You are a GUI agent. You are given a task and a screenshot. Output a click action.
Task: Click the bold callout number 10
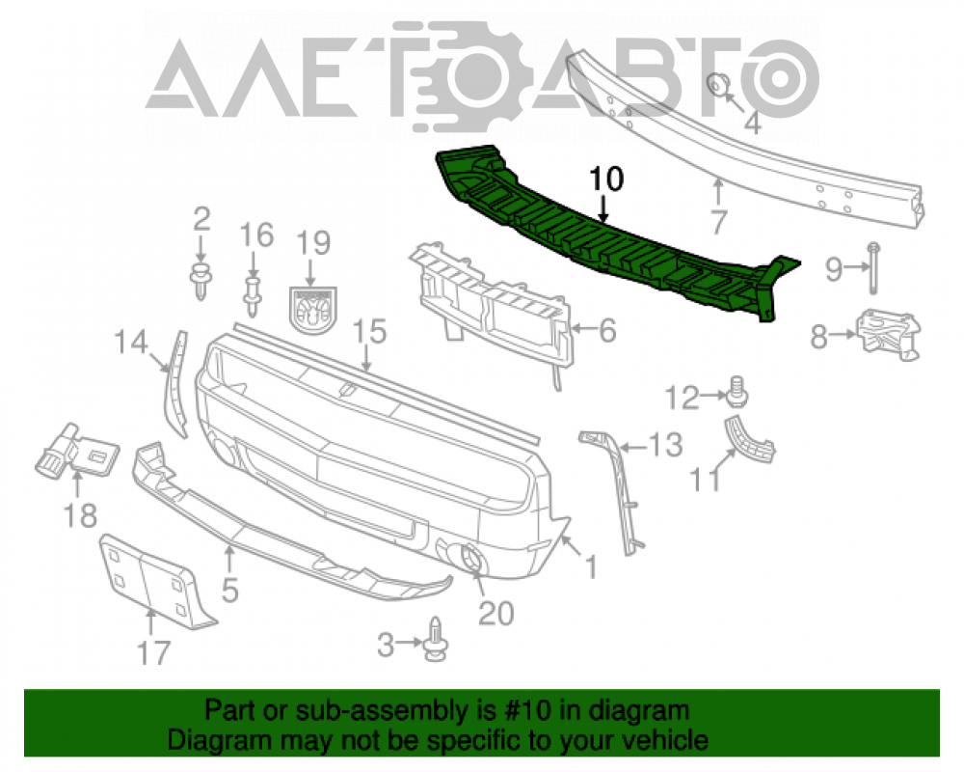click(x=606, y=179)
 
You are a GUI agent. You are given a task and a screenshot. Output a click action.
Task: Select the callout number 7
click(x=719, y=222)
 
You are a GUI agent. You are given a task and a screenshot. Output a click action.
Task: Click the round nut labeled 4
click(x=717, y=84)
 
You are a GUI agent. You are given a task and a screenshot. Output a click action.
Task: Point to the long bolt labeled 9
click(x=873, y=268)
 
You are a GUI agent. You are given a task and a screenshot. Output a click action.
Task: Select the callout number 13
click(x=664, y=445)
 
